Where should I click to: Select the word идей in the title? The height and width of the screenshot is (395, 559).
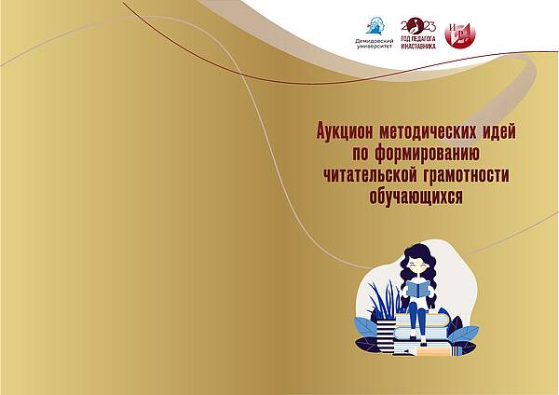pyautogui.click(x=499, y=131)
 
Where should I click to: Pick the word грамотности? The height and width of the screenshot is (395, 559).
pyautogui.click(x=467, y=175)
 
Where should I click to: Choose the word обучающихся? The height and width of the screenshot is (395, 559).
pyautogui.click(x=416, y=196)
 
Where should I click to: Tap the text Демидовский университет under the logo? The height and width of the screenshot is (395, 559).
pyautogui.click(x=375, y=44)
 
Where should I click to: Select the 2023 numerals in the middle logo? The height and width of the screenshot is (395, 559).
pyautogui.click(x=418, y=26)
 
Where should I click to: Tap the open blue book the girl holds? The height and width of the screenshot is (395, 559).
pyautogui.click(x=418, y=289)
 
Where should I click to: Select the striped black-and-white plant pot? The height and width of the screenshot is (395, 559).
pyautogui.click(x=386, y=333)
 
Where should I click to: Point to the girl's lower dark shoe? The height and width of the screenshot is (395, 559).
pyautogui.click(x=423, y=342)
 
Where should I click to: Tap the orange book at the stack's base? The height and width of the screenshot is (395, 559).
pyautogui.click(x=433, y=352)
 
